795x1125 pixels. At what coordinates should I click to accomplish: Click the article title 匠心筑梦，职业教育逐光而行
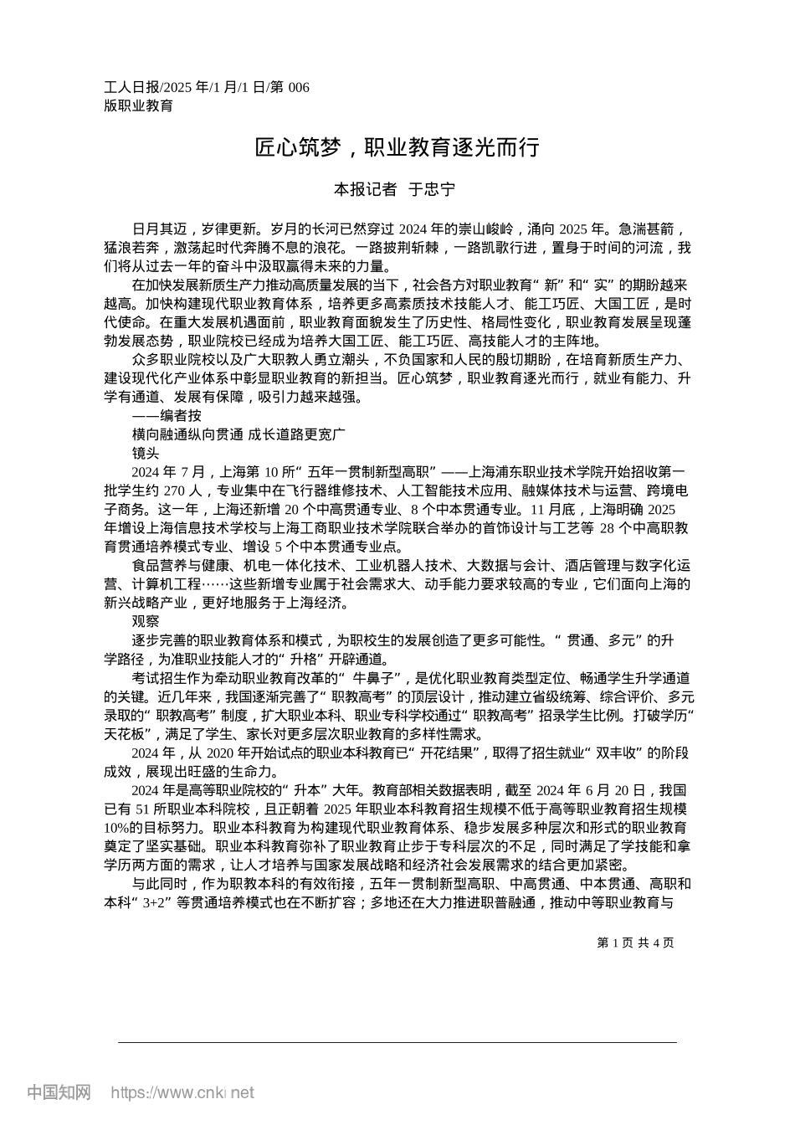(397, 149)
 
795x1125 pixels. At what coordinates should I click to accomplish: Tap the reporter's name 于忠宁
(432, 190)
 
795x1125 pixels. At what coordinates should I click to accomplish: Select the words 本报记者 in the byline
(366, 190)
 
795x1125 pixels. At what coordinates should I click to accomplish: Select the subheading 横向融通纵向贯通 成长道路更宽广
(238, 434)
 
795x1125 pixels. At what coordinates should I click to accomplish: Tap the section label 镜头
(146, 453)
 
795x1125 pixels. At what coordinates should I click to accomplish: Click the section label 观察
(146, 621)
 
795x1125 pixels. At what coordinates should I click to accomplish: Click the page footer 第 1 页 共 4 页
(636, 943)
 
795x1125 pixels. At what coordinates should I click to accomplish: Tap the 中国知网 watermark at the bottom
(59, 1092)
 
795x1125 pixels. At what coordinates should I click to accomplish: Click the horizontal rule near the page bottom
(397, 1042)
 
